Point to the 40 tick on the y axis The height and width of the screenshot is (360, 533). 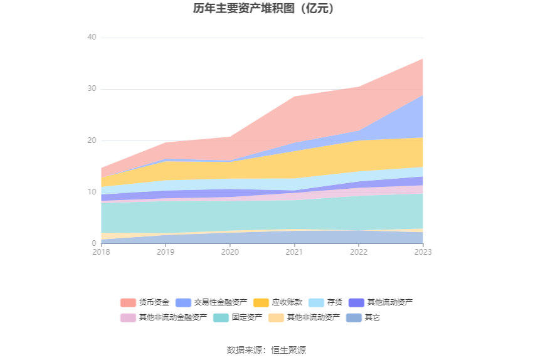click(x=92, y=38)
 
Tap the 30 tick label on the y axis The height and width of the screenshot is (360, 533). click(x=92, y=89)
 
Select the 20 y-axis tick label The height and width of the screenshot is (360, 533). click(x=92, y=140)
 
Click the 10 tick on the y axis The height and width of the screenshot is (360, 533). click(x=92, y=192)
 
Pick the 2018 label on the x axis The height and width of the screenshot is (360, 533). click(x=101, y=252)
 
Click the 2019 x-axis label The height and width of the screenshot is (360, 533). click(x=166, y=252)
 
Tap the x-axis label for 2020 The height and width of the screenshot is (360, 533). click(x=230, y=252)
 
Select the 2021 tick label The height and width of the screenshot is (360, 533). click(x=295, y=252)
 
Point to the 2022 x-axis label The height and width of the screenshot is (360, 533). click(x=359, y=252)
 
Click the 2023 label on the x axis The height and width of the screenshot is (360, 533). click(x=423, y=252)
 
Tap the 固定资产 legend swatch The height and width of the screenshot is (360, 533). click(x=221, y=317)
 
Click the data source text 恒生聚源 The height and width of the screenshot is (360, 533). click(x=288, y=350)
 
